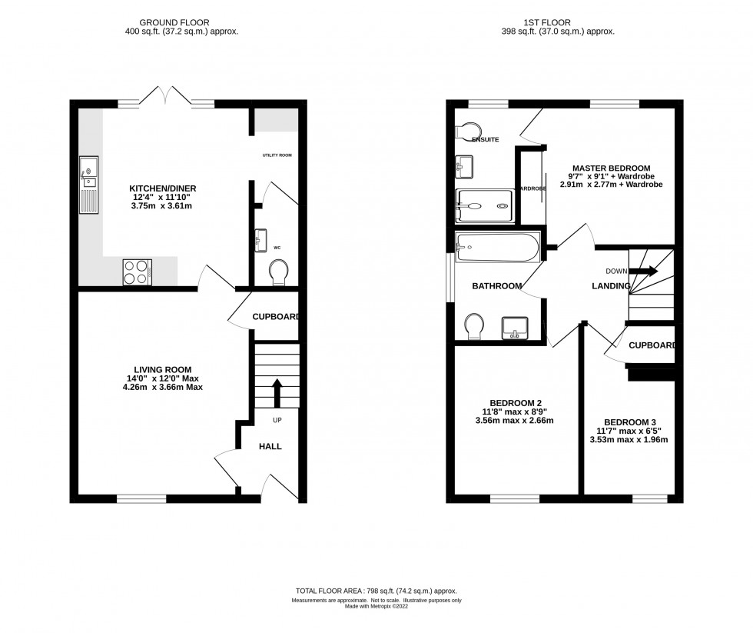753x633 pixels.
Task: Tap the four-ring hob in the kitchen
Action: (137, 272)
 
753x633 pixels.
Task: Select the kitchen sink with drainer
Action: (88, 185)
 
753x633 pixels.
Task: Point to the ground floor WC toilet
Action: (279, 272)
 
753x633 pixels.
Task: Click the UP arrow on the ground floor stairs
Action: (277, 391)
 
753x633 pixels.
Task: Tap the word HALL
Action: (269, 446)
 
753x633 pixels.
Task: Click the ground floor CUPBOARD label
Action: (275, 315)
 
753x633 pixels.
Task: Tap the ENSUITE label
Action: (486, 140)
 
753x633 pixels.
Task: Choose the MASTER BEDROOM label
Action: (610, 168)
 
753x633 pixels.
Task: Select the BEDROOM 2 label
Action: (514, 402)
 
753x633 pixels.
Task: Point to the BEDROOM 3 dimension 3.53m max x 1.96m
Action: (629, 440)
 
